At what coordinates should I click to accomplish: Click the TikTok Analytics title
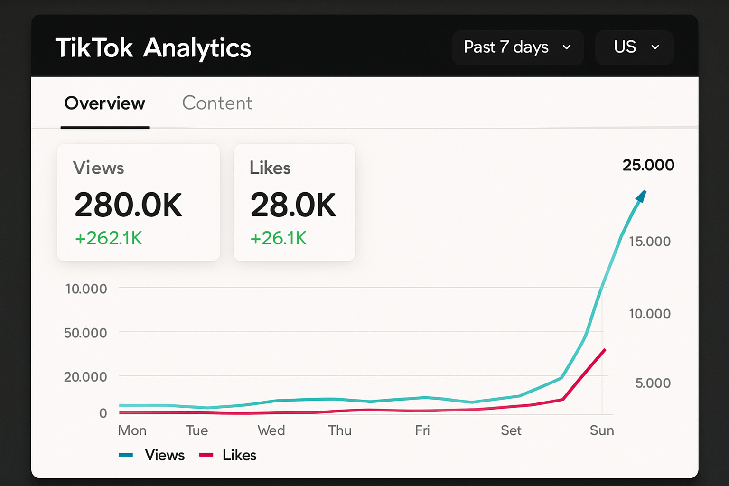coord(153,48)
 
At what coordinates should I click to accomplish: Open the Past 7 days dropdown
coord(517,47)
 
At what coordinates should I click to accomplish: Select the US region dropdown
coord(634,47)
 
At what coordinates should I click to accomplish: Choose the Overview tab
coord(104,103)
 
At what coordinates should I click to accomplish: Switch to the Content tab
coord(217,103)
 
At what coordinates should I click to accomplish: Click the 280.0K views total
coord(128,205)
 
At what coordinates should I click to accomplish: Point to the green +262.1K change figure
coord(109,238)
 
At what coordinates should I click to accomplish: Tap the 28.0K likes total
coord(293,205)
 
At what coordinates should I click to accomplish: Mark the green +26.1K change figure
coord(279,238)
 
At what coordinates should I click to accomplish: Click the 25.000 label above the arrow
coord(648,165)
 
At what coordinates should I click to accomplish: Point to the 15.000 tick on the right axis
coord(649,242)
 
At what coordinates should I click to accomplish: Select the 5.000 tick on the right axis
coord(653,383)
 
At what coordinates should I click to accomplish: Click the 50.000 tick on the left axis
coord(85,333)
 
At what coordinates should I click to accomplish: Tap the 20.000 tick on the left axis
coord(85,377)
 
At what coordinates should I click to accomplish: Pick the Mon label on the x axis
coord(132,430)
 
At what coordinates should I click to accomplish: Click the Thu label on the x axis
coord(340,430)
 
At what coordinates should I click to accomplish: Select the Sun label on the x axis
coord(601,430)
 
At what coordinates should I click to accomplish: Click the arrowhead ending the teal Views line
coord(641,196)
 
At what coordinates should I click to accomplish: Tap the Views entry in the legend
coord(164,455)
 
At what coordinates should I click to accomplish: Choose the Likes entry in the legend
coord(239,455)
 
